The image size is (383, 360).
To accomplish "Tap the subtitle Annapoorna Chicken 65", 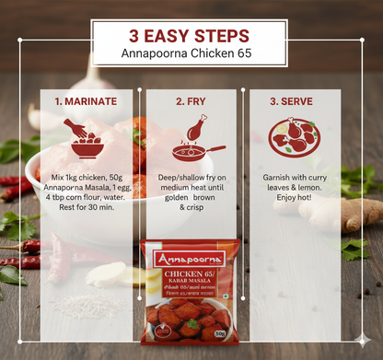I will click(x=190, y=54).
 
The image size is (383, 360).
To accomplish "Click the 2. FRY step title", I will click(x=191, y=100).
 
